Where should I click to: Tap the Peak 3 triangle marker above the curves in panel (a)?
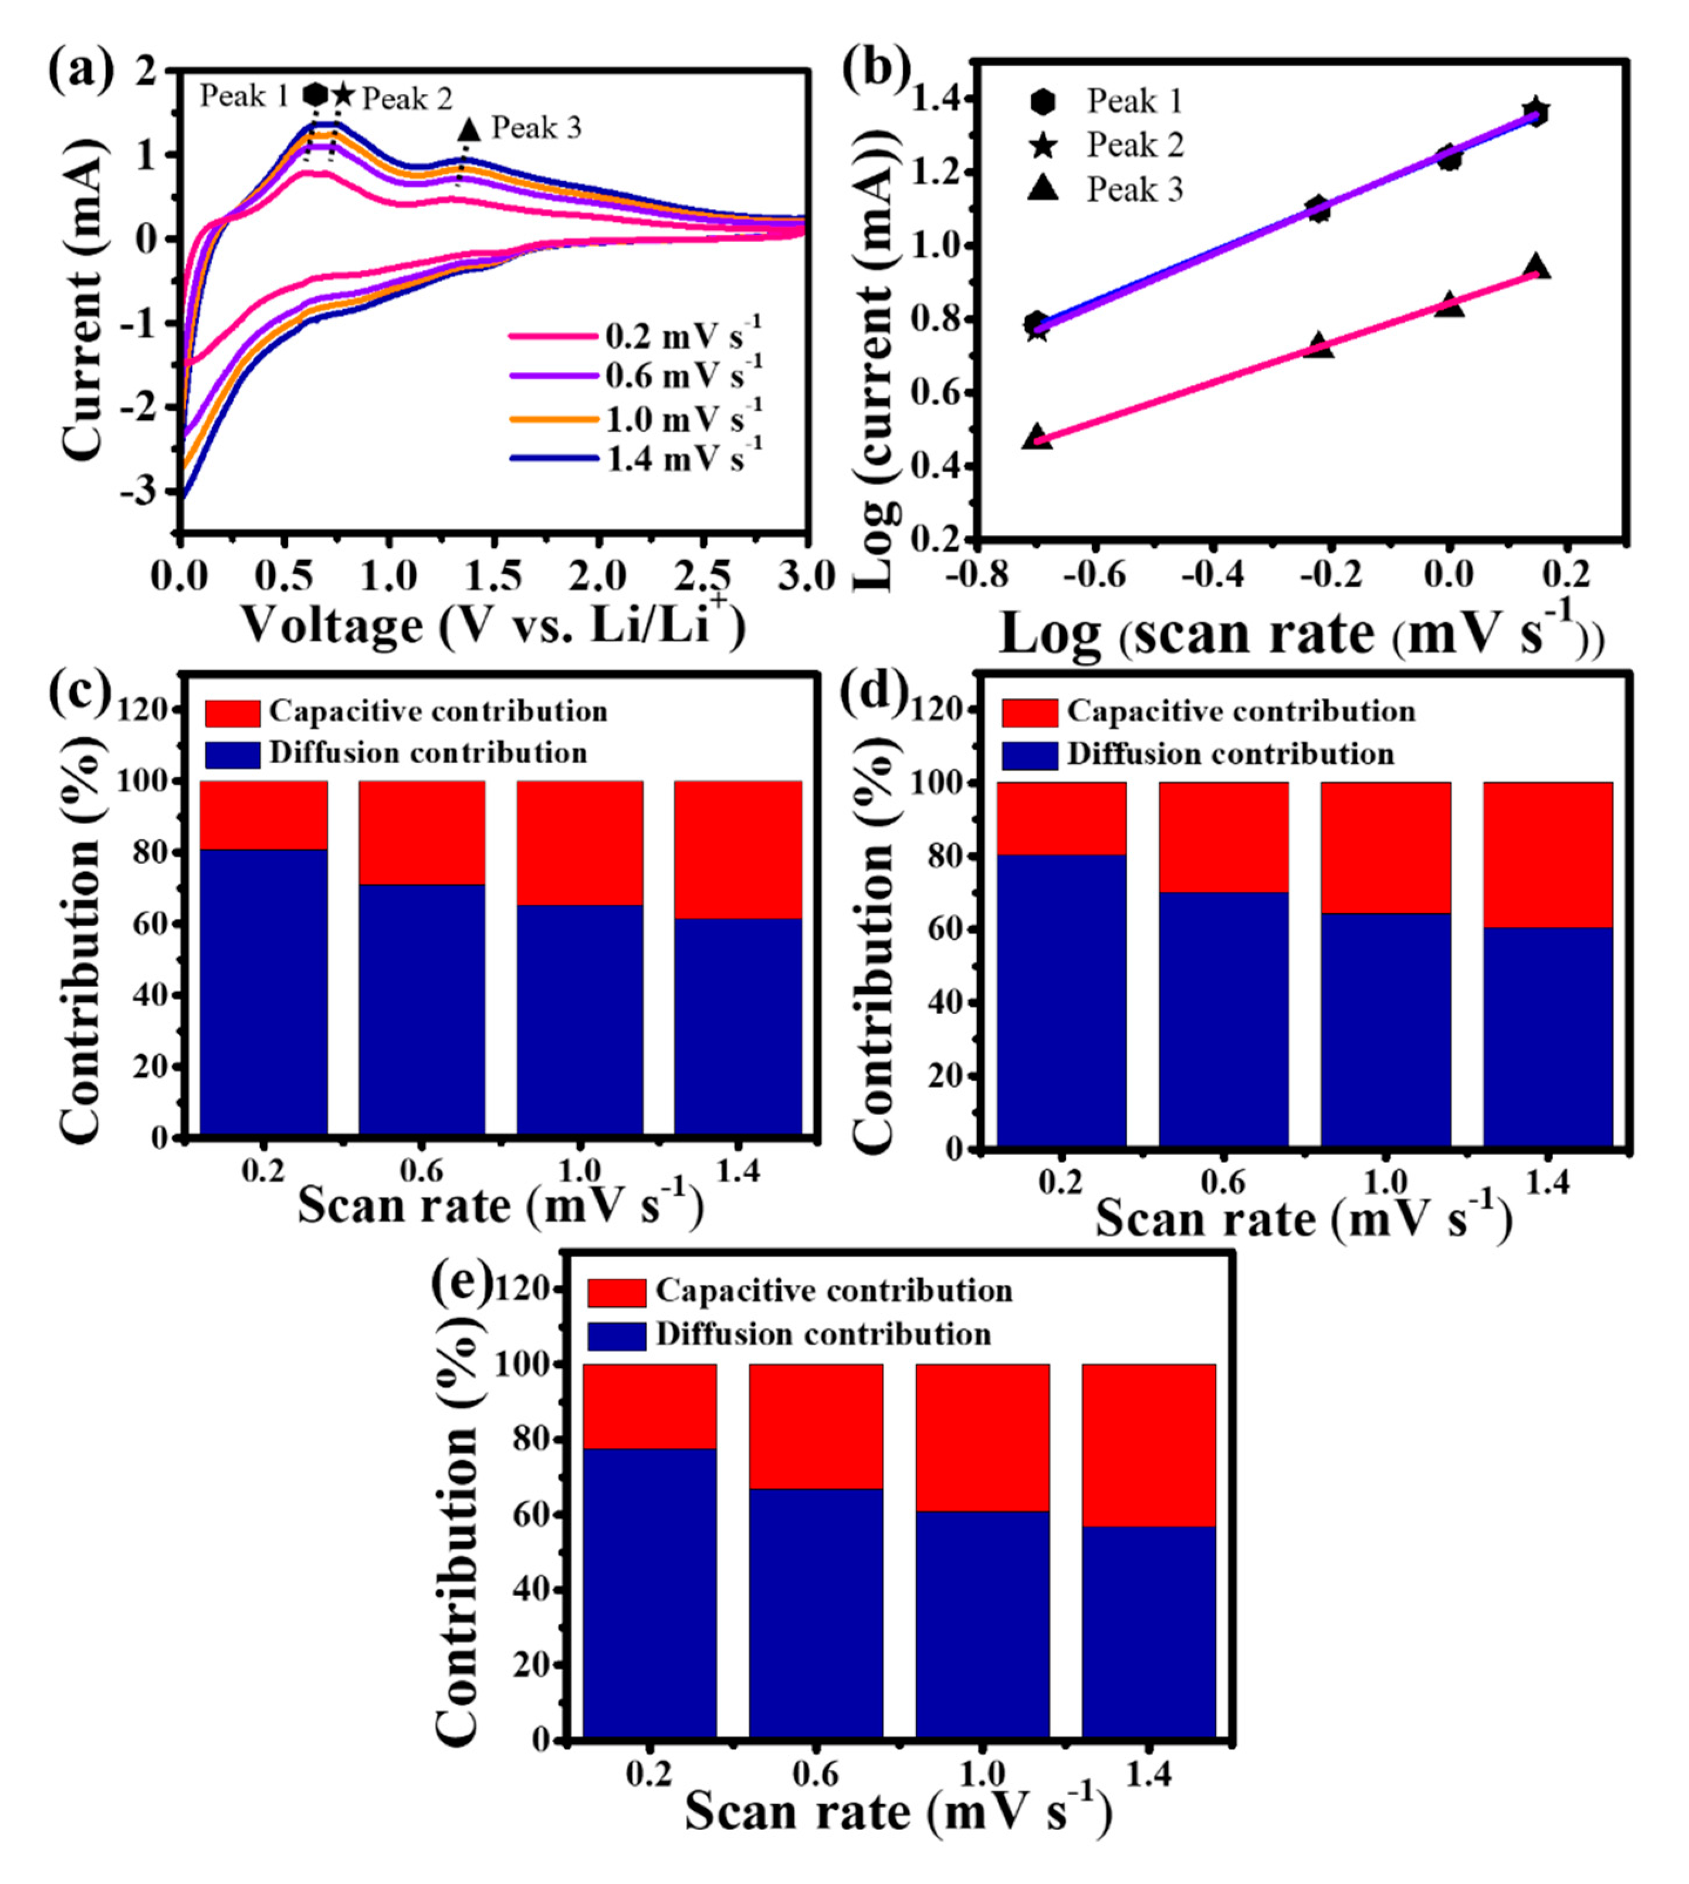[x=469, y=129]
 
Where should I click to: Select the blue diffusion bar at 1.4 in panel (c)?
[x=738, y=1025]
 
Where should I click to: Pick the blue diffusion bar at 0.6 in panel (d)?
[x=1223, y=1018]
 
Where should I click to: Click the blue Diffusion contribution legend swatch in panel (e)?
[x=616, y=1336]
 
